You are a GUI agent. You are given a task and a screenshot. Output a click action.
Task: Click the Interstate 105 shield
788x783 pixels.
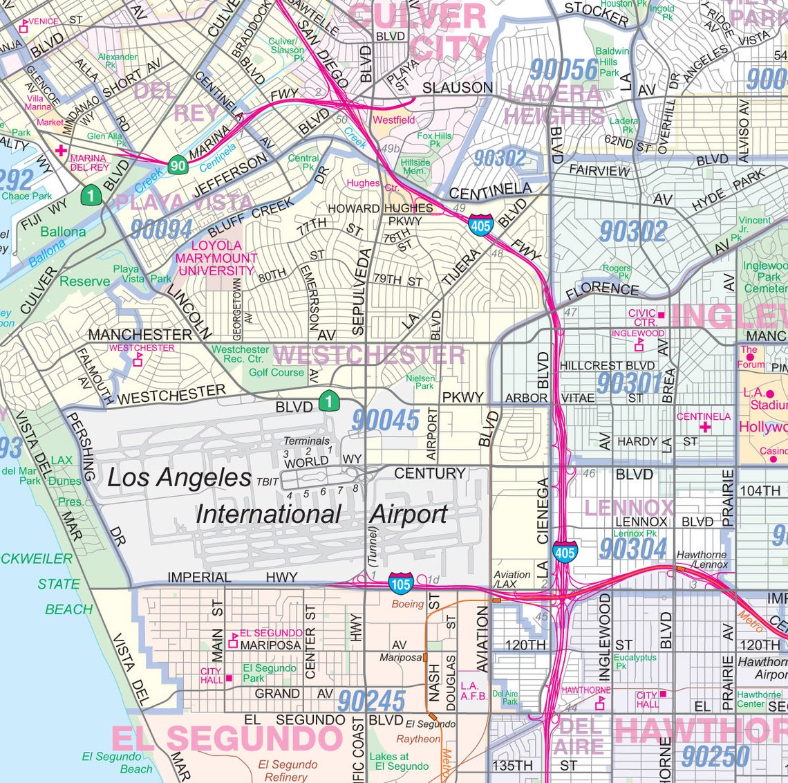click(401, 583)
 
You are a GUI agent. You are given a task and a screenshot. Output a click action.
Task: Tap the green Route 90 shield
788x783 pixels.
click(178, 165)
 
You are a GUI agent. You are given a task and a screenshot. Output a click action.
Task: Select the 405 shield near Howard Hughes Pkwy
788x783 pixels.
click(480, 225)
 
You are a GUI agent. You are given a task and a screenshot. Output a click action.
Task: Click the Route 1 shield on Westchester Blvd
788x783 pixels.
click(330, 400)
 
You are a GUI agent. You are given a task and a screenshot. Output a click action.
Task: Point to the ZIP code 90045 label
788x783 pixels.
click(385, 421)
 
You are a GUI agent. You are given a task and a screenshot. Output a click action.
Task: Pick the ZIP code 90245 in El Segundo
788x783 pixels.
click(371, 701)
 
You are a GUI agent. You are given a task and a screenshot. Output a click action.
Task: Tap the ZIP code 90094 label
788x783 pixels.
click(162, 229)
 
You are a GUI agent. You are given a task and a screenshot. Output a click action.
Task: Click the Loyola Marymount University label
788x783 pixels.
click(216, 258)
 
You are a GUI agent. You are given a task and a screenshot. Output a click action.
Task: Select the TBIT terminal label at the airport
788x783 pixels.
click(268, 481)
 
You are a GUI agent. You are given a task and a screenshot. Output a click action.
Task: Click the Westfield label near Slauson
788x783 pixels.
click(394, 120)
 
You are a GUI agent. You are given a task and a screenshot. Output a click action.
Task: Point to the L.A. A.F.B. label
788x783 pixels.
click(474, 691)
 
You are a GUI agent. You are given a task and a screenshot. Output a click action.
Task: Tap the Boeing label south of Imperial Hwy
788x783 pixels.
click(407, 604)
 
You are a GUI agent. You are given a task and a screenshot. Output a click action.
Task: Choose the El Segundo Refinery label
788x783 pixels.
click(287, 771)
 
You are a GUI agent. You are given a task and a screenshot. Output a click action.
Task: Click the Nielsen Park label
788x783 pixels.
click(421, 382)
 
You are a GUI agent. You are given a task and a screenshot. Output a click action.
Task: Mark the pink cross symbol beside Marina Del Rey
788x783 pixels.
click(62, 150)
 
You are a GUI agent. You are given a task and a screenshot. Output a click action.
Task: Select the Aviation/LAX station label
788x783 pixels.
click(512, 579)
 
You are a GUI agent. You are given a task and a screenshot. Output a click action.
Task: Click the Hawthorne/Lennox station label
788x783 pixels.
click(701, 560)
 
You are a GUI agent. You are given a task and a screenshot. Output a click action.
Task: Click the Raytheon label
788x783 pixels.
click(418, 739)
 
